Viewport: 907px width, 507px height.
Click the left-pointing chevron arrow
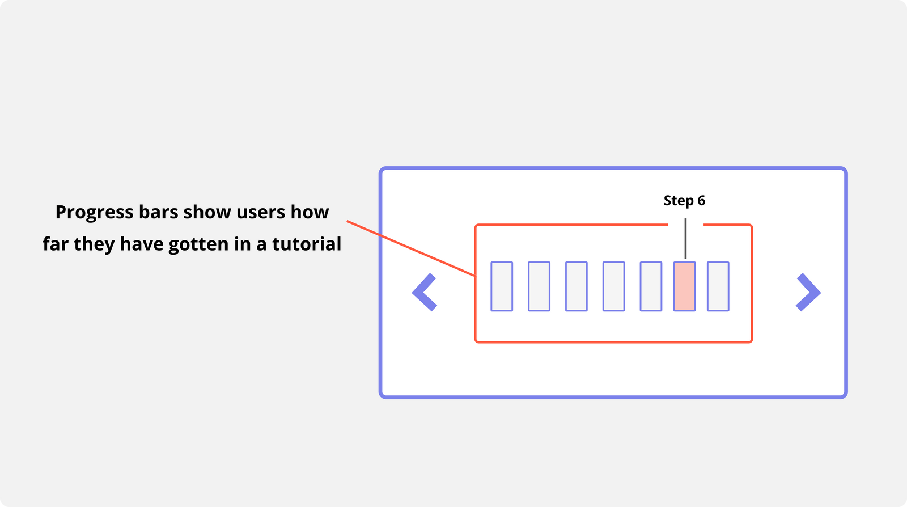423,292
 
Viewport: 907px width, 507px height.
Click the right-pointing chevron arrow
809,292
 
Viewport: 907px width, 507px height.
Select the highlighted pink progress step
684,286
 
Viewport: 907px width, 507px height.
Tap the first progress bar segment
502,286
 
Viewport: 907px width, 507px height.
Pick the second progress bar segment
539,286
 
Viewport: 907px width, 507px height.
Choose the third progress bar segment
577,286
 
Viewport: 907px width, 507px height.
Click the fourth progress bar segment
613,286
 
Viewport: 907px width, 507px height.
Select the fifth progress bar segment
651,286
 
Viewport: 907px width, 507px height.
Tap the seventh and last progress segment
718,286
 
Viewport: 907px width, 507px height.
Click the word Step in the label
679,201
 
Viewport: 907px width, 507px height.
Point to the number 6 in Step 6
701,201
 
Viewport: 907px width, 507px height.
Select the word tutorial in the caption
307,244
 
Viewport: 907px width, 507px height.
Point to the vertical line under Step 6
685,239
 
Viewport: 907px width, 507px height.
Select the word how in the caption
310,213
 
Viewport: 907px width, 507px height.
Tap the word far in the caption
56,244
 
